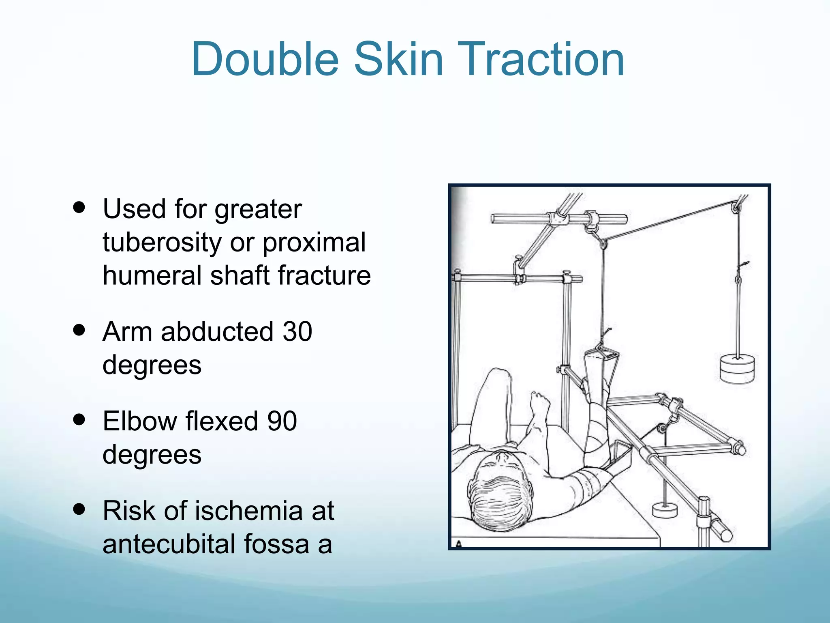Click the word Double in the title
point(265,60)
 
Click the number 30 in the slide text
point(297,332)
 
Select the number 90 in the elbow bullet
point(282,421)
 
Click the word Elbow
point(140,421)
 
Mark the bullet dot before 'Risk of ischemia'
point(79,509)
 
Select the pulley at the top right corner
point(736,208)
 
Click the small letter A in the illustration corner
point(459,544)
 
